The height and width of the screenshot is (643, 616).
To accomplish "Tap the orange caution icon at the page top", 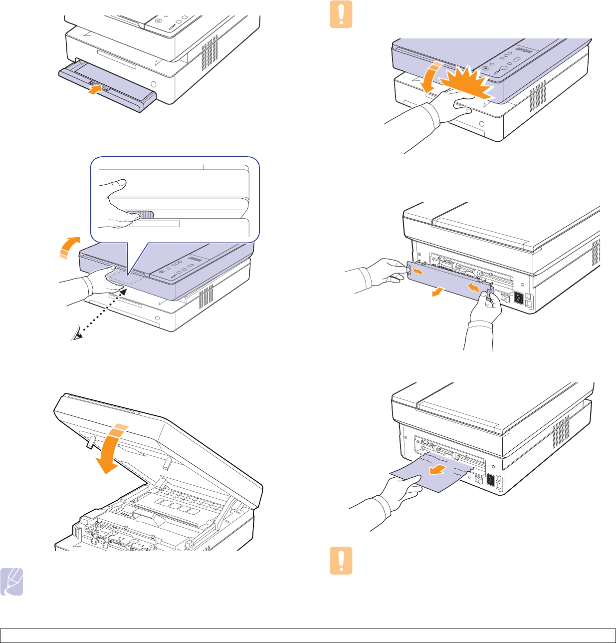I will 341,14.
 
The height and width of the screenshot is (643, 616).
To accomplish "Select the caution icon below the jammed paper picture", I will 341,561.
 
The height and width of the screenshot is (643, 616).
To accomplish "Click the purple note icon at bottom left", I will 12,582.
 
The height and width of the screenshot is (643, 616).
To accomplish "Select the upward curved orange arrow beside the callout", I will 68,247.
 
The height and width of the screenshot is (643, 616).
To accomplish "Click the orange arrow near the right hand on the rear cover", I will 474,288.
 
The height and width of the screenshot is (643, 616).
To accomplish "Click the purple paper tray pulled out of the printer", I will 107,85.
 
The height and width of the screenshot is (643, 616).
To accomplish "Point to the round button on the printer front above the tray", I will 154,84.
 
